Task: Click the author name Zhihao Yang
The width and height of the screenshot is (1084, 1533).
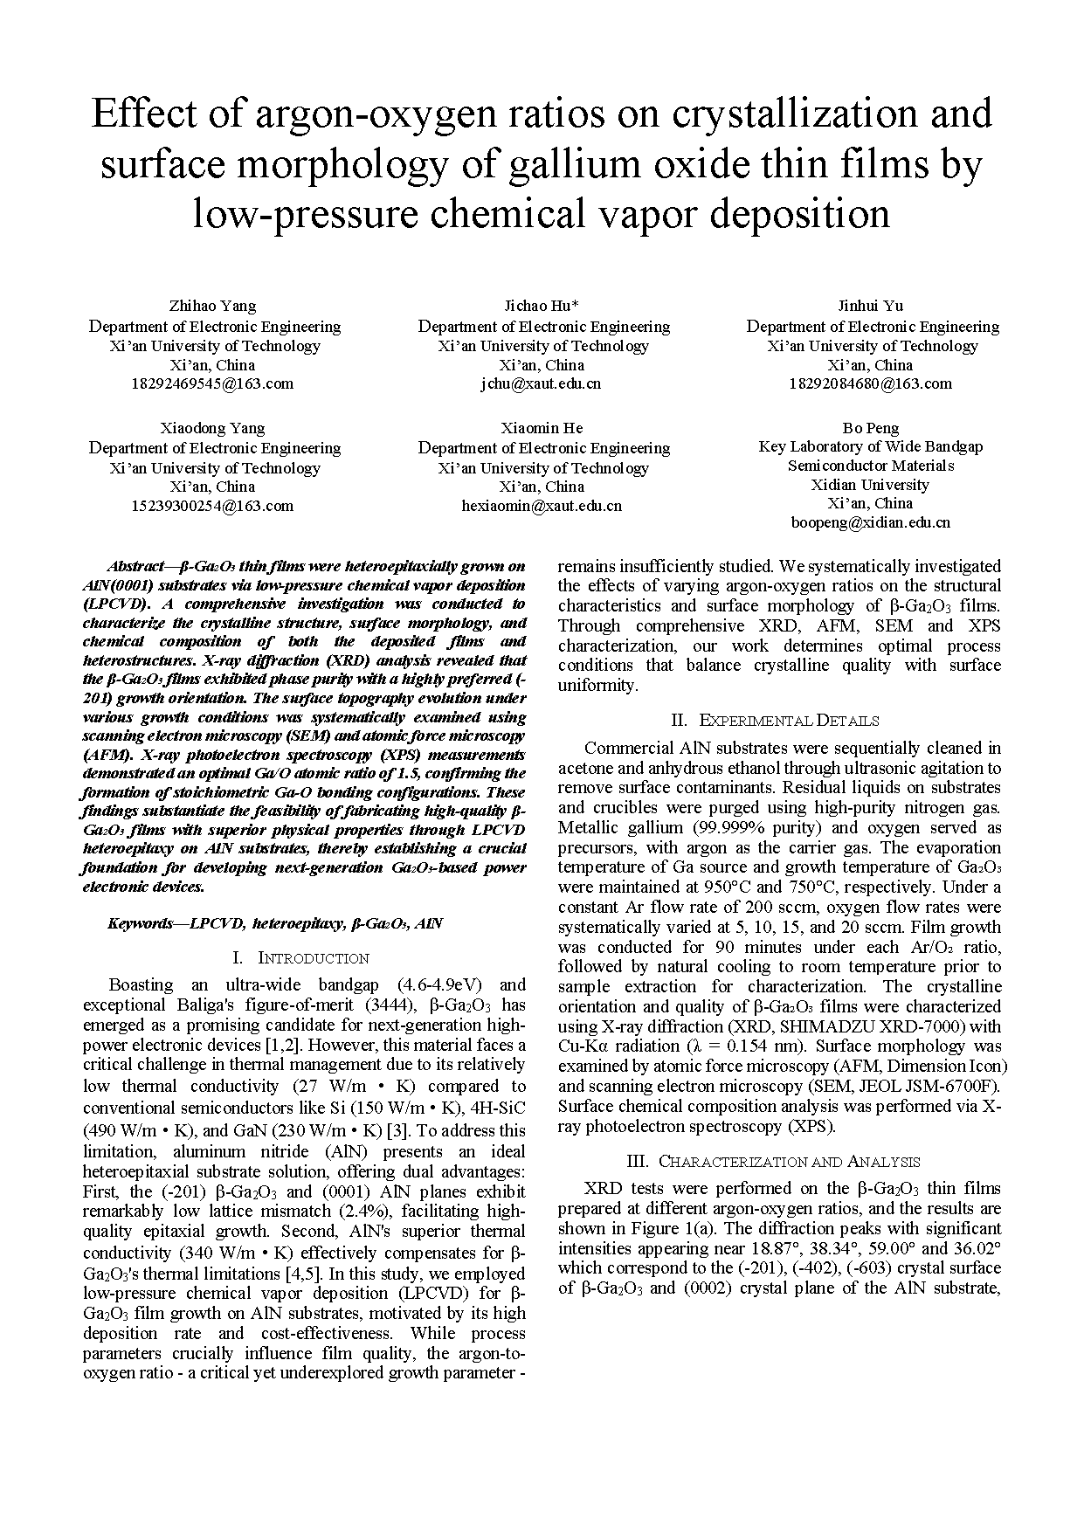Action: coord(213,306)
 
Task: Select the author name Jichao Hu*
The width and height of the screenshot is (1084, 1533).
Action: coord(542,306)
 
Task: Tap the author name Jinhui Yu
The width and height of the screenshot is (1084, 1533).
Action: coord(870,306)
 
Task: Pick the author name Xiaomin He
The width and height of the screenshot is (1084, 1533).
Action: coord(542,428)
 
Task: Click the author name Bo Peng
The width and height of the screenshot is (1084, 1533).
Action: coord(870,428)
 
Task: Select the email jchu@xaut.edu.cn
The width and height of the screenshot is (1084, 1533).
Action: coord(542,383)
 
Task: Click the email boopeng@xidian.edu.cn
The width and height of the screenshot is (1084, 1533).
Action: coord(870,523)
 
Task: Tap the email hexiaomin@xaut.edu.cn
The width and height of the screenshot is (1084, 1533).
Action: coord(542,506)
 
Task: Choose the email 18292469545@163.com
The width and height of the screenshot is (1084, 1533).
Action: coord(213,383)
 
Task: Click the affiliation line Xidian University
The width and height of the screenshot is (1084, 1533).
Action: coord(870,485)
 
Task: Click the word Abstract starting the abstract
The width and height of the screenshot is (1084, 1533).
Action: coord(136,566)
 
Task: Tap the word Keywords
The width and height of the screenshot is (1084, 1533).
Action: coord(141,923)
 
